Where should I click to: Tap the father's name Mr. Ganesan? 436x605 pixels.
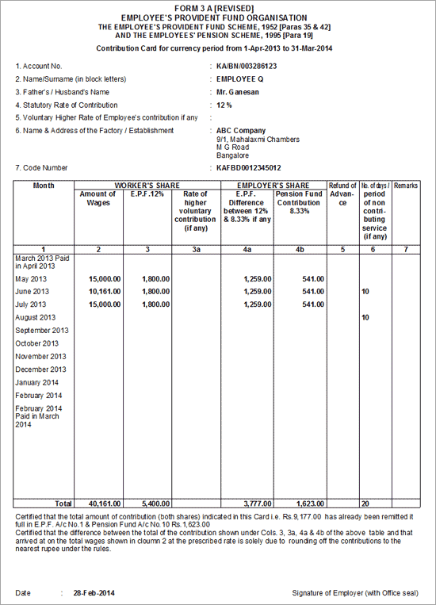click(x=239, y=92)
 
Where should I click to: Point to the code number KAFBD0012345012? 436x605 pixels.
click(x=248, y=168)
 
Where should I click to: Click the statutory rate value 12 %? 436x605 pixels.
click(x=224, y=105)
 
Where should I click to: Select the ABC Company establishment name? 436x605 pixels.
click(x=241, y=131)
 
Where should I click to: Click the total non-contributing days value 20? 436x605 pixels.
click(x=365, y=504)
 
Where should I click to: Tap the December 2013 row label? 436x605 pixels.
click(x=40, y=370)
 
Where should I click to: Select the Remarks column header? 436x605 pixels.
click(x=405, y=185)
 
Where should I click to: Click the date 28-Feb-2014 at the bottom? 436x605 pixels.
click(x=90, y=593)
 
